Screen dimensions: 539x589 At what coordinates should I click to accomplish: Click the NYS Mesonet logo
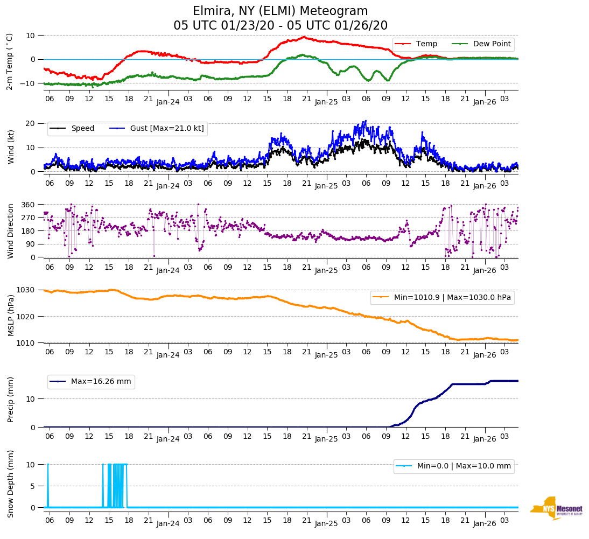556,508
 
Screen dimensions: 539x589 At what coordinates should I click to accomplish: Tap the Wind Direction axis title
10,231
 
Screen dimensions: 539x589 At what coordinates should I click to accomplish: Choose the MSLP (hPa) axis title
10,316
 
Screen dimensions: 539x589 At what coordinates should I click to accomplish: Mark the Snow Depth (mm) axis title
10,484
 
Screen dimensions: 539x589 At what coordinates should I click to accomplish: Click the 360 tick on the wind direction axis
29,205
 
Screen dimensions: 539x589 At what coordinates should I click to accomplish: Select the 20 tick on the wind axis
31,123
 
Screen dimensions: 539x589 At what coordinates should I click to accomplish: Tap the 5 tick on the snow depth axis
33,486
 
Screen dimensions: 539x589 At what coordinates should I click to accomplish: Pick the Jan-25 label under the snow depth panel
326,523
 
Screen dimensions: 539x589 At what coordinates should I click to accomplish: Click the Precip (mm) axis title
10,400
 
